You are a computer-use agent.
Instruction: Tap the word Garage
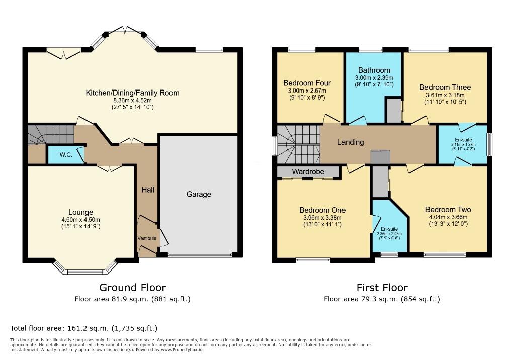point(199,194)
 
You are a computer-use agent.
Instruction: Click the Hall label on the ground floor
point(147,190)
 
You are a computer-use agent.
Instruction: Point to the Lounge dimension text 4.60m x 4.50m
point(80,219)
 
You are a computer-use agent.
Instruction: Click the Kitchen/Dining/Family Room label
point(132,93)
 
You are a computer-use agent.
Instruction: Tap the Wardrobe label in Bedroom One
point(308,172)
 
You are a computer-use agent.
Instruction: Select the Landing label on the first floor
point(351,142)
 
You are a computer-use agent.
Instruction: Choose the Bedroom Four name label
point(307,83)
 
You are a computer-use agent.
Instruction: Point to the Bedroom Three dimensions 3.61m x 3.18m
point(445,95)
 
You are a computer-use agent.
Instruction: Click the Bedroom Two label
point(448,209)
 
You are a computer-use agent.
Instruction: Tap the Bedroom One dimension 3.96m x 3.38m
point(322,217)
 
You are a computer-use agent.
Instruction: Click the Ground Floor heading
point(132,288)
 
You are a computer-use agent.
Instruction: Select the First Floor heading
point(382,288)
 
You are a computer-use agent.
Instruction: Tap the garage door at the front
point(201,255)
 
